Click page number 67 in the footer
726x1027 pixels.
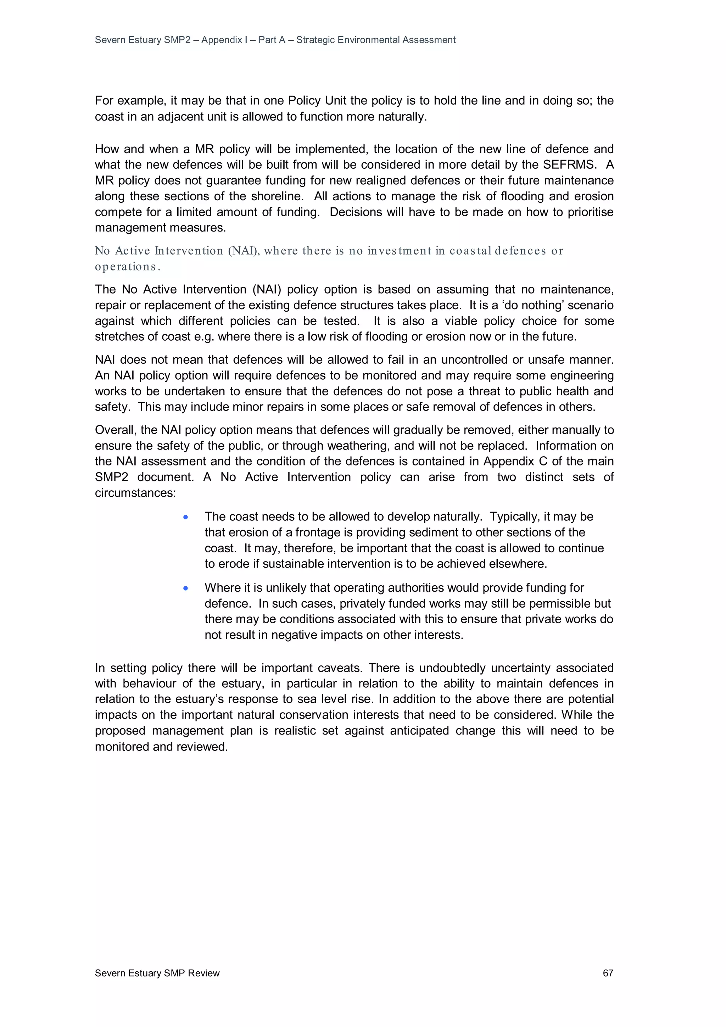tap(608, 973)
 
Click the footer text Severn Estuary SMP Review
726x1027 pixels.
tap(157, 973)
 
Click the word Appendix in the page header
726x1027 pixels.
tap(222, 40)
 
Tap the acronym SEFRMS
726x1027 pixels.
tap(569, 164)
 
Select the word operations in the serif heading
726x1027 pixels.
tap(127, 267)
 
